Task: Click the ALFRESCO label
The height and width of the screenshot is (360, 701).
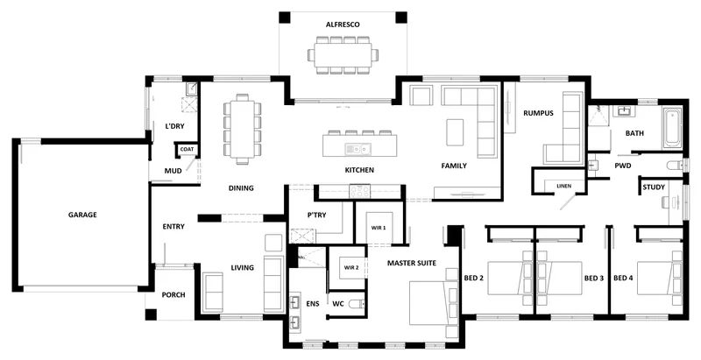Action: tap(343, 25)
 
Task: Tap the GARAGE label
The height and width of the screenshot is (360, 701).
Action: tap(82, 215)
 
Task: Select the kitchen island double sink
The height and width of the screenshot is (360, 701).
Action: tap(358, 149)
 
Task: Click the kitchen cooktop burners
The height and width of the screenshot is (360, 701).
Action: tap(359, 191)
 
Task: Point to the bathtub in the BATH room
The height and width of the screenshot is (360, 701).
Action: tap(672, 128)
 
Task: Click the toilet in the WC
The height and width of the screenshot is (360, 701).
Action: tap(357, 304)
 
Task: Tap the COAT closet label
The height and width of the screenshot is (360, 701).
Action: tap(187, 149)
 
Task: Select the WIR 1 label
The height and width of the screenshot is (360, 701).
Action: tap(379, 228)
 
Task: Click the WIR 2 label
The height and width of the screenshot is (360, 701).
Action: tap(351, 268)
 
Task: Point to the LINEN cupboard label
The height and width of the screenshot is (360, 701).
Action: tap(563, 187)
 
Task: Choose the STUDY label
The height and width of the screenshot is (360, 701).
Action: tap(654, 187)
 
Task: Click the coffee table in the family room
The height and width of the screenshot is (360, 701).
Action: tap(455, 131)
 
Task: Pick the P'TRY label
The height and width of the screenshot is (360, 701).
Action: tap(316, 215)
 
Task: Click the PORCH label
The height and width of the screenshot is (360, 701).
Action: tap(173, 295)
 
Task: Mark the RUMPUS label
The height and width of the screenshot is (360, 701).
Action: tap(538, 114)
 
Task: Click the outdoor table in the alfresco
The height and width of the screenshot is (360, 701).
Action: tap(343, 55)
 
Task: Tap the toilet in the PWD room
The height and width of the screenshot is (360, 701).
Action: tap(675, 166)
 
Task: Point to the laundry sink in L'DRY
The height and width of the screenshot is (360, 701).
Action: tap(192, 88)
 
